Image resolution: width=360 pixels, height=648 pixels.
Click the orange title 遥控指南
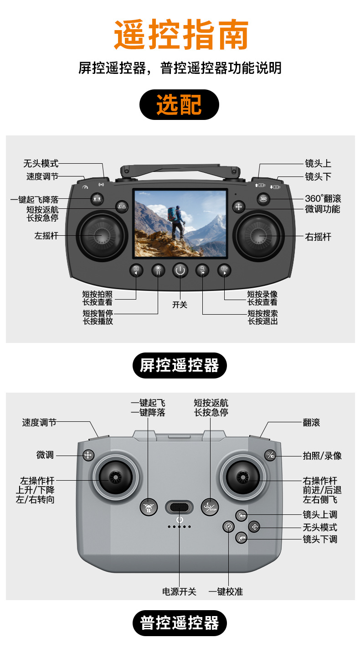pyautogui.click(x=181, y=35)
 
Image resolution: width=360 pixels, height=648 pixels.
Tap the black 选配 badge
pyautogui.click(x=179, y=105)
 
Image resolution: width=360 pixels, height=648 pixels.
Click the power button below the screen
pyautogui.click(x=180, y=270)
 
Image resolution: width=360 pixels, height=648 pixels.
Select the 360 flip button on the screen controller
pyautogui.click(x=263, y=199)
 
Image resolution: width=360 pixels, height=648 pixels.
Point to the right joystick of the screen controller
pyautogui.click(x=258, y=236)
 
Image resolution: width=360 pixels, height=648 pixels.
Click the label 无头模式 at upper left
pyautogui.click(x=41, y=163)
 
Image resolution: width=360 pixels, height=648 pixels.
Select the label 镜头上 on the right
pyautogui.click(x=318, y=163)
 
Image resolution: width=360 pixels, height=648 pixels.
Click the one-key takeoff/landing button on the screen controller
pyautogui.click(x=97, y=199)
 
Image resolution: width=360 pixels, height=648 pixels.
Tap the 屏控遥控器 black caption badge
pyautogui.click(x=180, y=365)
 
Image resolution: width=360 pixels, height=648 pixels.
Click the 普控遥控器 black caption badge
pyautogui.click(x=180, y=623)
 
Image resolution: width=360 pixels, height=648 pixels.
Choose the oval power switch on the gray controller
pyautogui.click(x=179, y=507)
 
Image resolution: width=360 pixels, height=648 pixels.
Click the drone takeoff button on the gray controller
pyautogui.click(x=148, y=507)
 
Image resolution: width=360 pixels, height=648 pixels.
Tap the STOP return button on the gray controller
pyautogui.click(x=210, y=506)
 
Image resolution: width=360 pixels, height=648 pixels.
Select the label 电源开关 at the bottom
pyautogui.click(x=179, y=591)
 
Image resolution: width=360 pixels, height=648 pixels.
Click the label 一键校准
pyautogui.click(x=226, y=591)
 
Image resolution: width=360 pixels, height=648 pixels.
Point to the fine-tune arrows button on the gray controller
pyautogui.click(x=88, y=455)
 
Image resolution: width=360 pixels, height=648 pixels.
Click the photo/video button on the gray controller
pyautogui.click(x=270, y=455)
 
